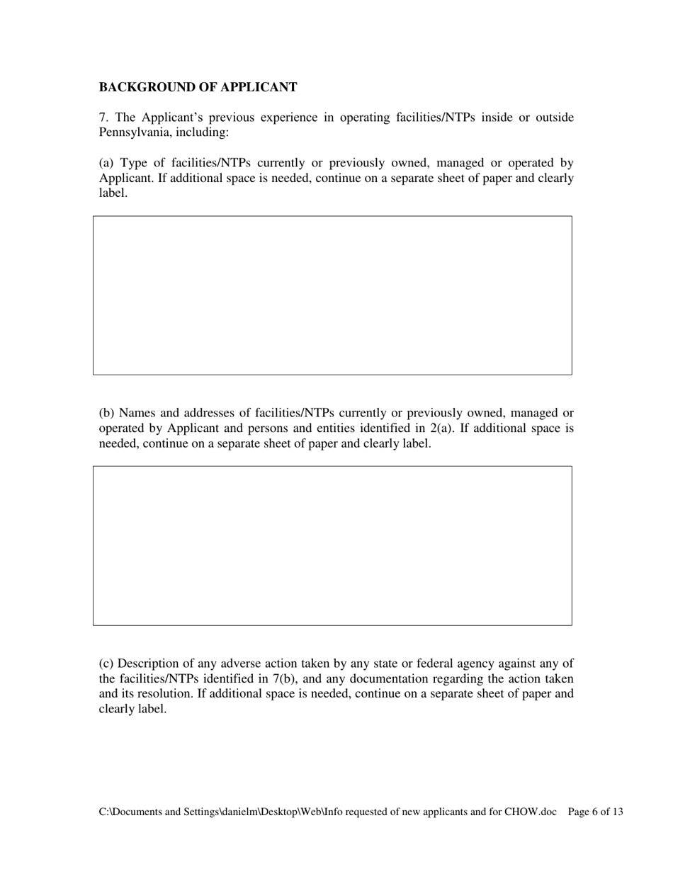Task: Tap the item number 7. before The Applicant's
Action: point(103,118)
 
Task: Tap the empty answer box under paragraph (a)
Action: point(332,295)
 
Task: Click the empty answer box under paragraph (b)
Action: point(332,545)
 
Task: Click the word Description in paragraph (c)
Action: point(152,664)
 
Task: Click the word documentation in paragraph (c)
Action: point(409,678)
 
